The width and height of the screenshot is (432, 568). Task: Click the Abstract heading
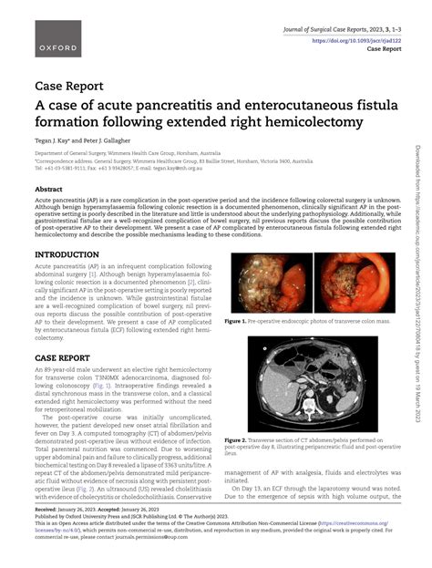click(x=49, y=190)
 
